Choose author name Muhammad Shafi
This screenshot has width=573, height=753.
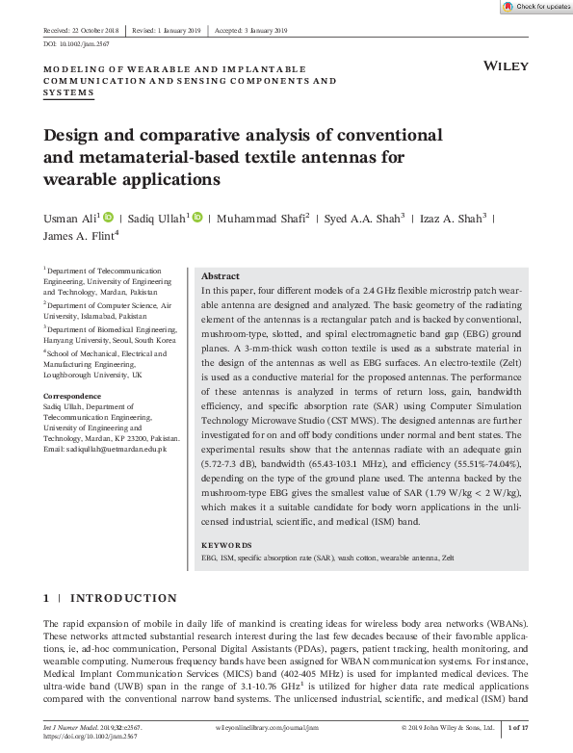pos(260,219)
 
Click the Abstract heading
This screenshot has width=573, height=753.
pos(221,275)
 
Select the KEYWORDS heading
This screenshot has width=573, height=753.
pos(226,545)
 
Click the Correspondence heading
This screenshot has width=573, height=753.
pos(72,396)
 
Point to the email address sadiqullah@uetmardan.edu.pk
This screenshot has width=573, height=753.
pos(106,449)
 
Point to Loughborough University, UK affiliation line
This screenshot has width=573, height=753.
pos(94,375)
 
